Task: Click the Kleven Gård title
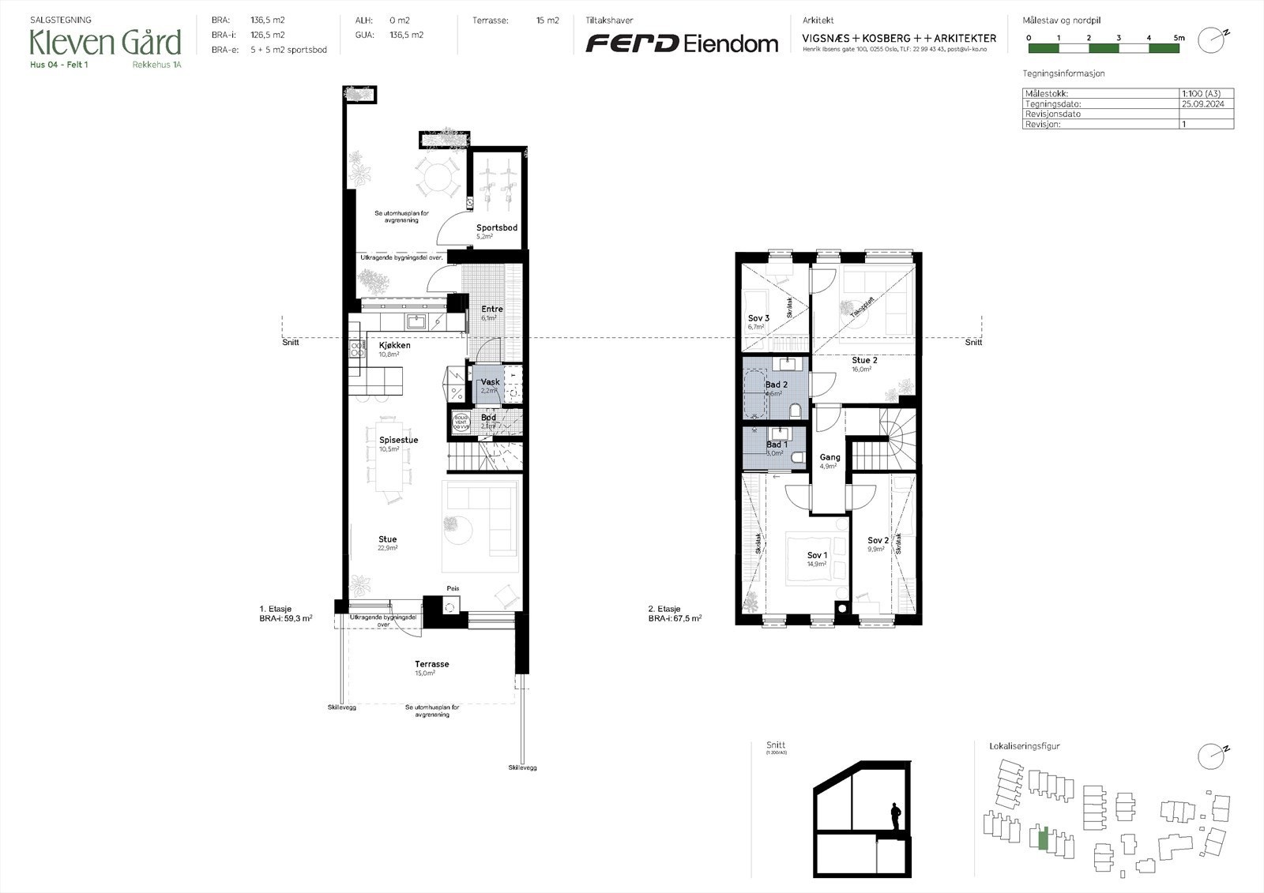tap(105, 42)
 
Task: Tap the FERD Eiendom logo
tap(681, 43)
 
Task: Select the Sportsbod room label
tap(496, 228)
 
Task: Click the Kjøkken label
tap(394, 346)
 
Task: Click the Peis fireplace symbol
tap(451, 606)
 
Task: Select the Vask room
tap(491, 383)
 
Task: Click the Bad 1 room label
tap(777, 445)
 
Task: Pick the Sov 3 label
tap(758, 319)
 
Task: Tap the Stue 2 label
tap(864, 361)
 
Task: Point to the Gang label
tap(829, 458)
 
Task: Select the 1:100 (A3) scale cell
tap(1201, 93)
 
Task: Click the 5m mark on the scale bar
tap(1179, 38)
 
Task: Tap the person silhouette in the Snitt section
tap(895, 816)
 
